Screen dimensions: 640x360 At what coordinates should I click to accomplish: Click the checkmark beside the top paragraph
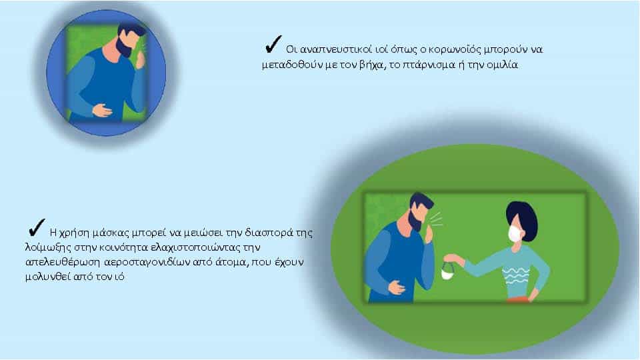pos(273,44)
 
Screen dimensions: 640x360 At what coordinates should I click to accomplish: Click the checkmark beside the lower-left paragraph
pos(37,227)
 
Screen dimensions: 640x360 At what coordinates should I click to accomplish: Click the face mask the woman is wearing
pos(515,233)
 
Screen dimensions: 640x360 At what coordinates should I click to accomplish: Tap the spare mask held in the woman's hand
pos(448,271)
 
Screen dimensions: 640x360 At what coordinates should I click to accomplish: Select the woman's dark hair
pos(522,216)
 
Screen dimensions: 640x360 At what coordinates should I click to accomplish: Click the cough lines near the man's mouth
pos(436,219)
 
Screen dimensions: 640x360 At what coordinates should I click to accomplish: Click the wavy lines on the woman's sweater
pos(515,276)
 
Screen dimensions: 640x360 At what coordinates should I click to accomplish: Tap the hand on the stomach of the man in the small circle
pos(101,110)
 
